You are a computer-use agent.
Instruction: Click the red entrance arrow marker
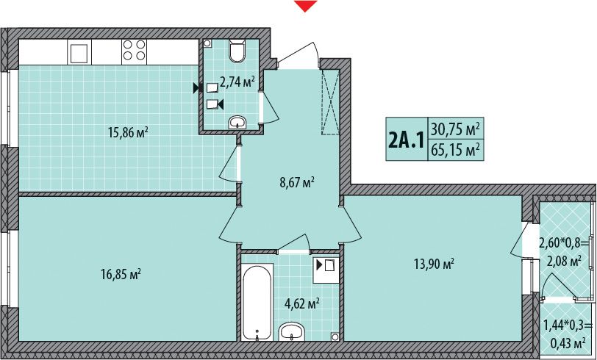(x=305, y=6)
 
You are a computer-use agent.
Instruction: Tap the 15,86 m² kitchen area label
(x=129, y=133)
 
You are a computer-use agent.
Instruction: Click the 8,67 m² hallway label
(x=296, y=183)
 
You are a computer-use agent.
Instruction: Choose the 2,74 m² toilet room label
(x=237, y=82)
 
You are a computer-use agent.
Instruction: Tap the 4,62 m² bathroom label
(x=302, y=304)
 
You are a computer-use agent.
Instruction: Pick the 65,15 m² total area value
(x=455, y=150)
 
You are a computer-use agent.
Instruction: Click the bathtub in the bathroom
(x=257, y=303)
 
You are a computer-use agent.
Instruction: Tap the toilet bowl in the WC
(x=237, y=51)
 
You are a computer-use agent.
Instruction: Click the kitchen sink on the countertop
(x=79, y=51)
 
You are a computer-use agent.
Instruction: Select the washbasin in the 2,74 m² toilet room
(x=238, y=123)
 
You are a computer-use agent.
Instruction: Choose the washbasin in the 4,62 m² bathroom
(x=291, y=332)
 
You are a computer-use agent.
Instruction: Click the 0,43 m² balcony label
(x=568, y=343)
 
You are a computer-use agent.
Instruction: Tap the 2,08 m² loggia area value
(x=564, y=262)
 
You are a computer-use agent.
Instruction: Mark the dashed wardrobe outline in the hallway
(x=330, y=102)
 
